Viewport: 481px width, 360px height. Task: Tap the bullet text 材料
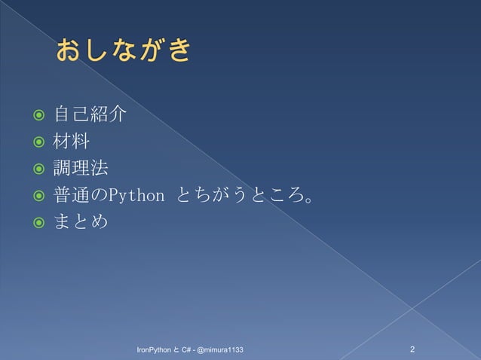(x=72, y=142)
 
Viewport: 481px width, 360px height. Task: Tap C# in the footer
(x=186, y=351)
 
